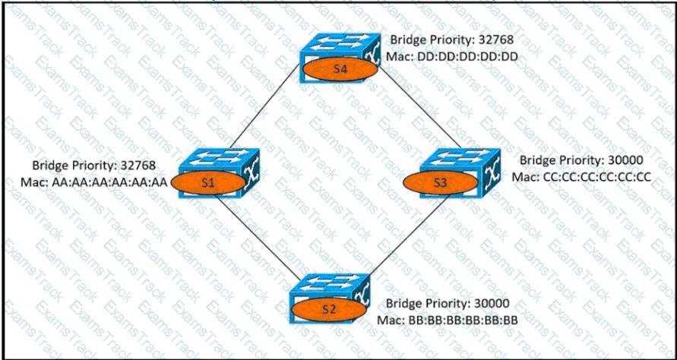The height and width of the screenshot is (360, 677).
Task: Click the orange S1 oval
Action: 207,183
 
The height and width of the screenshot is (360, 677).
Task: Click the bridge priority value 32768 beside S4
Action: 500,39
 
